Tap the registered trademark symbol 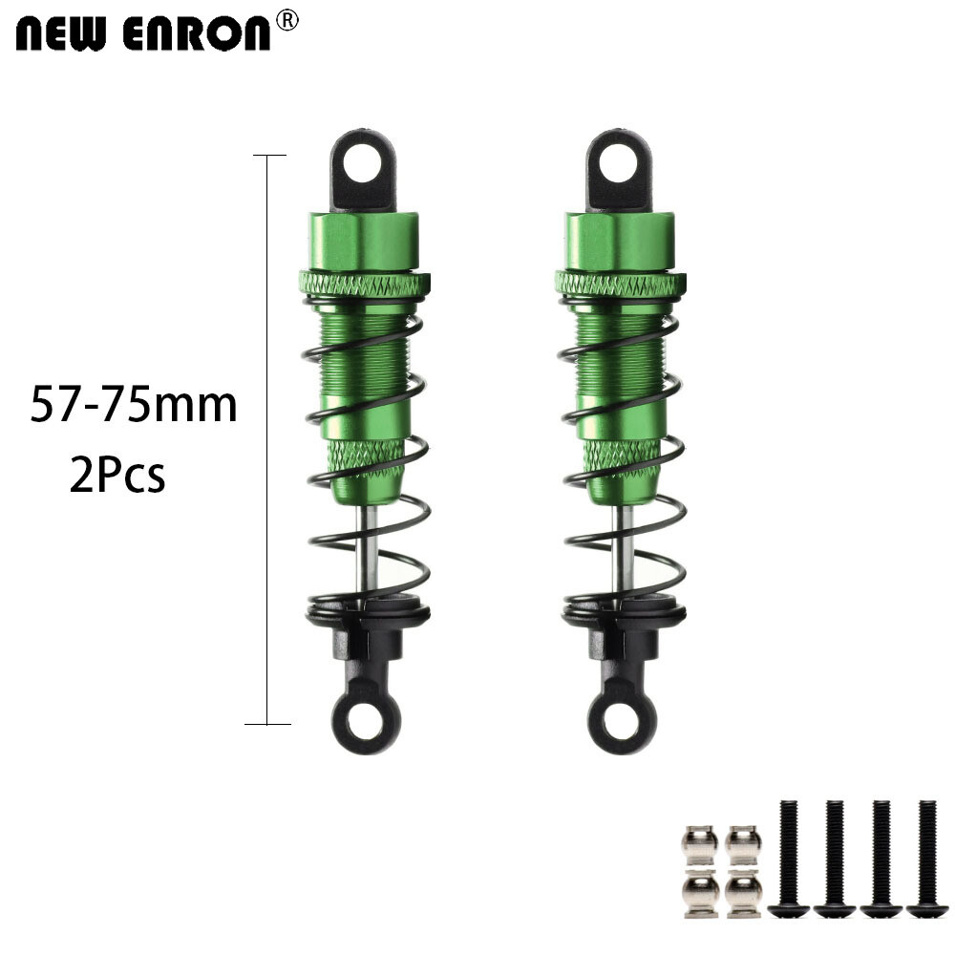(x=286, y=20)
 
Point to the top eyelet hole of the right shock (x=618, y=162)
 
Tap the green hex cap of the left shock (x=364, y=241)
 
